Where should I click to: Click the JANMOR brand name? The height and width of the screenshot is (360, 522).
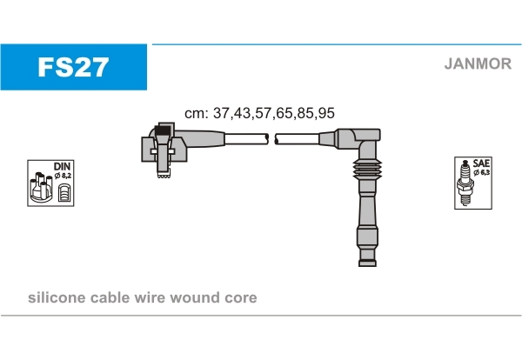pos(477,63)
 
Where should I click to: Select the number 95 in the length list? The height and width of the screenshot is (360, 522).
pos(326,113)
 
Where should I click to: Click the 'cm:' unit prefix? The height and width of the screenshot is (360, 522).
pos(196,113)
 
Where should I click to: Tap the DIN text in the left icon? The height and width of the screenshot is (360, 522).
pos(62,165)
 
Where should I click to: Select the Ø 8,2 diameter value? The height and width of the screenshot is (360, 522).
pos(63,177)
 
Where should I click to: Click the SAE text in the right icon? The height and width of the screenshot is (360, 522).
pos(481,163)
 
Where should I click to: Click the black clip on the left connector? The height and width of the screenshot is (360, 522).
pos(162,130)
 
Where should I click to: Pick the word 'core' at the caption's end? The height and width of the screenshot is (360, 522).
pos(243,297)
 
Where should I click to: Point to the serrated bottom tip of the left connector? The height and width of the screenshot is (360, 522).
pos(162,177)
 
